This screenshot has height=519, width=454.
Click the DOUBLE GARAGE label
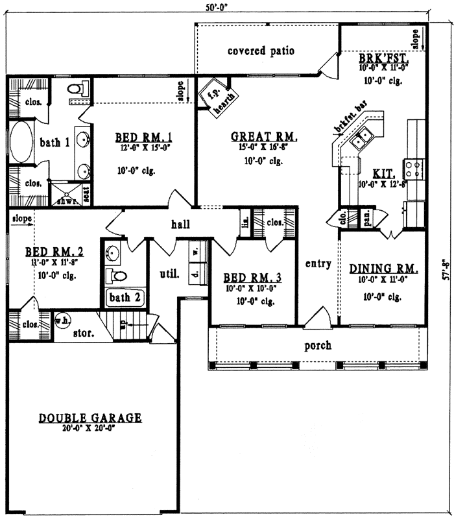point(90,418)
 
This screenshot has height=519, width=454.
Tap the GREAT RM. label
point(264,137)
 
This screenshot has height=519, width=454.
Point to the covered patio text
point(261,51)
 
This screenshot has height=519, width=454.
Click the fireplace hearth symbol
point(217,98)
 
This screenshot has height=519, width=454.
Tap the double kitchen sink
point(361,138)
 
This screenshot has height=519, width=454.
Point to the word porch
point(318,344)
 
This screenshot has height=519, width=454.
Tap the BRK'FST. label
point(381,58)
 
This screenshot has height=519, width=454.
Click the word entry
point(318,264)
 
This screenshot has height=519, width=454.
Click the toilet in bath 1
point(75,90)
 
